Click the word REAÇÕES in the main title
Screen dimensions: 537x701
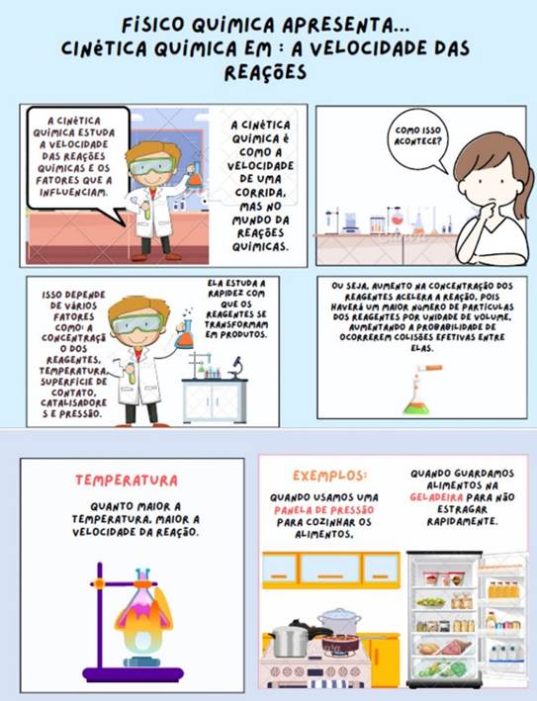point(265,72)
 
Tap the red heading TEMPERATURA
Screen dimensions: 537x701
point(127,481)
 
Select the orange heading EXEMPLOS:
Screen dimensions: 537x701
point(329,476)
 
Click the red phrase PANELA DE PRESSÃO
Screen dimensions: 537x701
point(323,510)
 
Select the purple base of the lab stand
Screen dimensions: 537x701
point(133,673)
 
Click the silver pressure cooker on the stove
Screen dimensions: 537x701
point(291,640)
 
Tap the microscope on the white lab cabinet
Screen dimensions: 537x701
point(235,368)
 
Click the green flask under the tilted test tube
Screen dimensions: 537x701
point(416,404)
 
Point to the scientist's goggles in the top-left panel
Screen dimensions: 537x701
point(150,166)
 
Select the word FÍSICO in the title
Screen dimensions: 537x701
point(153,25)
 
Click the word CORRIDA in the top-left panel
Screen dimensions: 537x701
point(260,193)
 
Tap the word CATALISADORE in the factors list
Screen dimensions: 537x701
point(74,402)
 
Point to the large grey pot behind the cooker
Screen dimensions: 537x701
point(340,622)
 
